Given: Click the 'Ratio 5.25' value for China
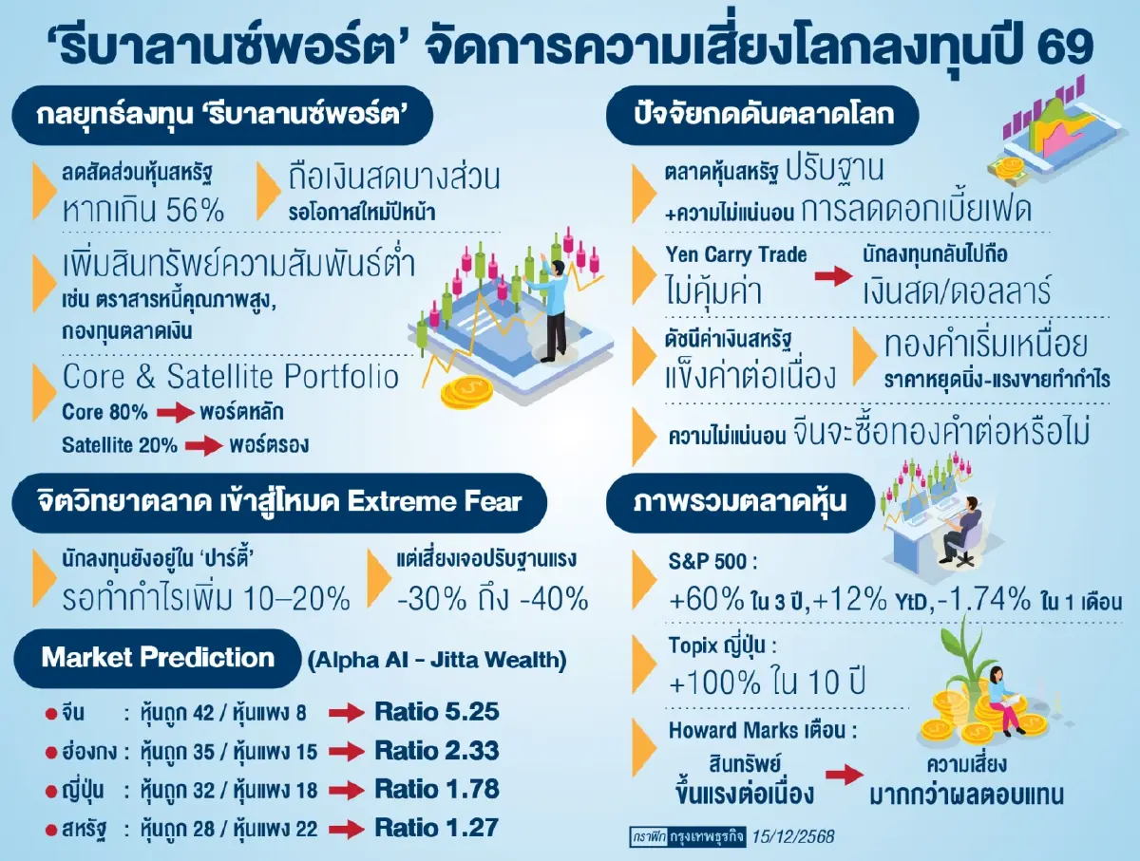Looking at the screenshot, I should (x=436, y=712).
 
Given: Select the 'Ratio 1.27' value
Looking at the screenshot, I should (x=436, y=827).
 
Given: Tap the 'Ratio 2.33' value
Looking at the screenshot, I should (x=436, y=751).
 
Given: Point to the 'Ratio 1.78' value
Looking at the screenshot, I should (x=436, y=789).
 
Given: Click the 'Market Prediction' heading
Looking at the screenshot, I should (x=158, y=658).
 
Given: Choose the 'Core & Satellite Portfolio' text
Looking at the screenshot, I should (x=231, y=377).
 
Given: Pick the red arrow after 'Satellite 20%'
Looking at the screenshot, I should (x=201, y=445).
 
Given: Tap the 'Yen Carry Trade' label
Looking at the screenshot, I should (x=736, y=254).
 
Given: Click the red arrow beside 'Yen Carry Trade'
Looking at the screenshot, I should (x=832, y=276).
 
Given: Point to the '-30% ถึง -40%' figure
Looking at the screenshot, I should (x=492, y=599).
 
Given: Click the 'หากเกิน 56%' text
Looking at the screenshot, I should (x=143, y=210).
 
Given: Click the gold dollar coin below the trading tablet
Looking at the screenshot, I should (x=466, y=389).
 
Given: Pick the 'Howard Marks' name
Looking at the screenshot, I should (x=729, y=731).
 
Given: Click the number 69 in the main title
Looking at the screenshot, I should (x=1063, y=44).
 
